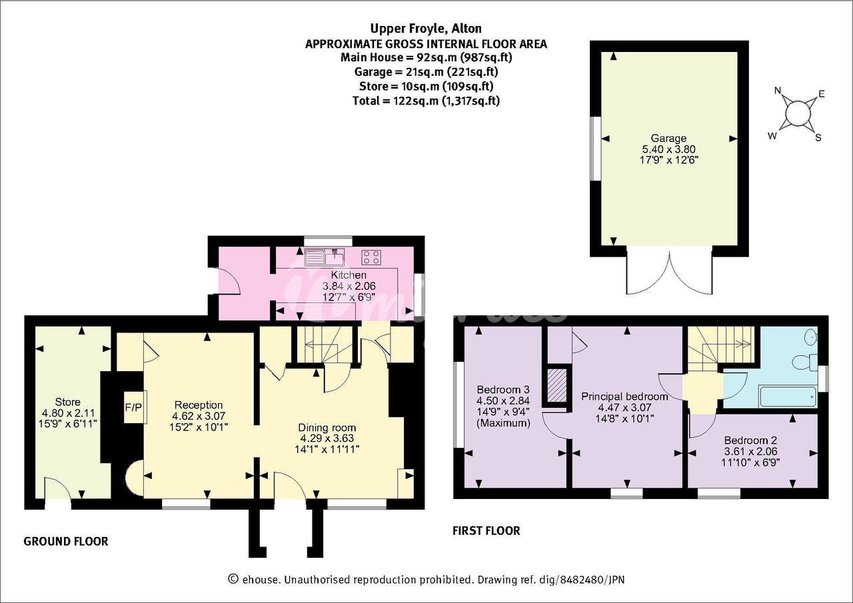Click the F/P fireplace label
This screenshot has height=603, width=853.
pyautogui.click(x=133, y=408)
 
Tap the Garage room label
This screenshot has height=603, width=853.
pyautogui.click(x=668, y=138)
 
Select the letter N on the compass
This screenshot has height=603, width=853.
pyautogui.click(x=778, y=90)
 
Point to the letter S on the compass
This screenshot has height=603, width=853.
pyautogui.click(x=818, y=138)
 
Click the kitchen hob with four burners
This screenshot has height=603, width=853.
pyautogui.click(x=371, y=257)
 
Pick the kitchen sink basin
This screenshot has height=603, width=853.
pyautogui.click(x=335, y=257)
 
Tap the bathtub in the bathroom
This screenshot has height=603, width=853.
pyautogui.click(x=788, y=396)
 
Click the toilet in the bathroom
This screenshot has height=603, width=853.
pyautogui.click(x=804, y=362)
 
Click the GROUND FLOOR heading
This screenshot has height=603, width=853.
pyautogui.click(x=66, y=541)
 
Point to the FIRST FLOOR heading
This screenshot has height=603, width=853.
pyautogui.click(x=486, y=530)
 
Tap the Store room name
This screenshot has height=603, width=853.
pyautogui.click(x=68, y=402)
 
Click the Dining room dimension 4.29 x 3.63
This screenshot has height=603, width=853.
pyautogui.click(x=327, y=438)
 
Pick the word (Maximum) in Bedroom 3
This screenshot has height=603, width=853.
pyautogui.click(x=503, y=423)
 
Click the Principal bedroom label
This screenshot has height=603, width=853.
pyautogui.click(x=624, y=396)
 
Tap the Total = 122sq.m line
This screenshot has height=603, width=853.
pyautogui.click(x=426, y=101)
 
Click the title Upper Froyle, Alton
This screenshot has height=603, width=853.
pyautogui.click(x=426, y=29)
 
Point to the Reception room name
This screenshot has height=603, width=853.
pyautogui.click(x=199, y=405)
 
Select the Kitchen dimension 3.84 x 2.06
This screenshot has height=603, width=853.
pyautogui.click(x=349, y=286)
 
